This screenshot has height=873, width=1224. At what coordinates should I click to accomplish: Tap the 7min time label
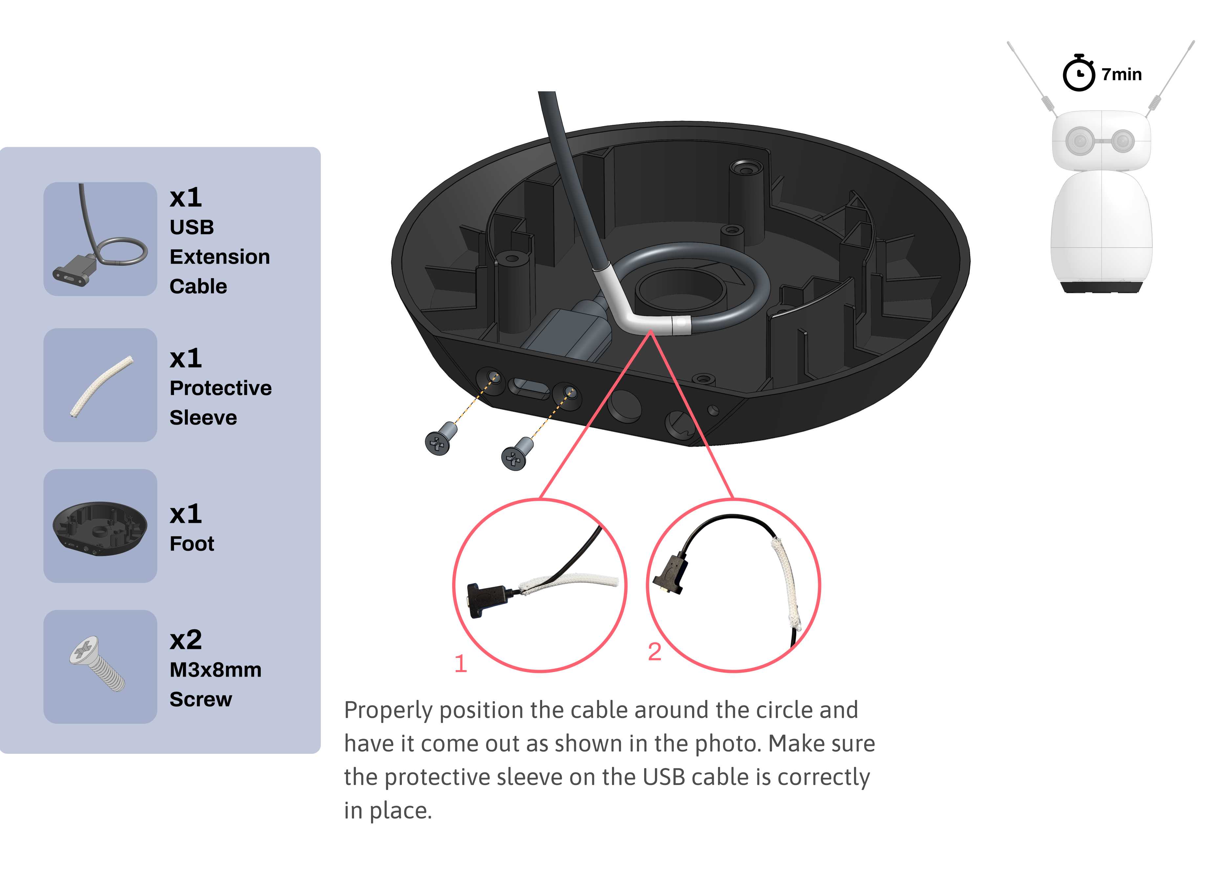point(1121,74)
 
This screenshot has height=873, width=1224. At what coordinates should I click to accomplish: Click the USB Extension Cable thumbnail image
point(100,239)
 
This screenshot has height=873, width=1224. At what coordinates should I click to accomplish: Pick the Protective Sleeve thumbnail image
point(100,385)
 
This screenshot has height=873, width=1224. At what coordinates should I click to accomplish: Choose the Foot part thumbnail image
point(100,526)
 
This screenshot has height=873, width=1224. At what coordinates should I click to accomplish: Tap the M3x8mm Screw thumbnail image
point(100,667)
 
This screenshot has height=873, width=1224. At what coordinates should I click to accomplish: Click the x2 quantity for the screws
point(186,640)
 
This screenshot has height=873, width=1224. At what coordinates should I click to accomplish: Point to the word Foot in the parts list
point(192,544)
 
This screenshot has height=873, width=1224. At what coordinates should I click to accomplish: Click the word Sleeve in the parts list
point(203,418)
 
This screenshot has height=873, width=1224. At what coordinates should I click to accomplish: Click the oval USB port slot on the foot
point(529,388)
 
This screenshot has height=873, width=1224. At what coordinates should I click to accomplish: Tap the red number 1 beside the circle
point(461,664)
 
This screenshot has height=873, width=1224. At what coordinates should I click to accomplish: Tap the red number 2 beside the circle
point(654,652)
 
